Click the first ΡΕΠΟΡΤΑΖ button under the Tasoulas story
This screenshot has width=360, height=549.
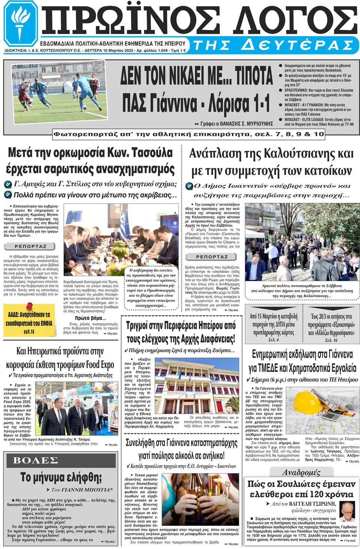(30, 246)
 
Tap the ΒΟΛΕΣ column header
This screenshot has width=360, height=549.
(35, 460)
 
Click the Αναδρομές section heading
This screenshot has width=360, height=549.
(301, 472)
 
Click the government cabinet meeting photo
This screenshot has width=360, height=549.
(121, 235)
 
